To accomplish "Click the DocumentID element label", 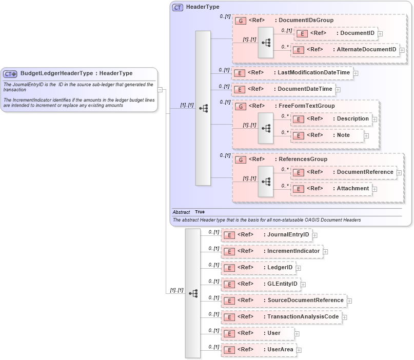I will point(356,33).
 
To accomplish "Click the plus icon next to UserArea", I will point(299,350).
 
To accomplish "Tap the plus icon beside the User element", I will point(297,334).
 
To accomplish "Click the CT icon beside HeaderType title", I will point(178,7).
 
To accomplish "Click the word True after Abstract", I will point(200,212).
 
